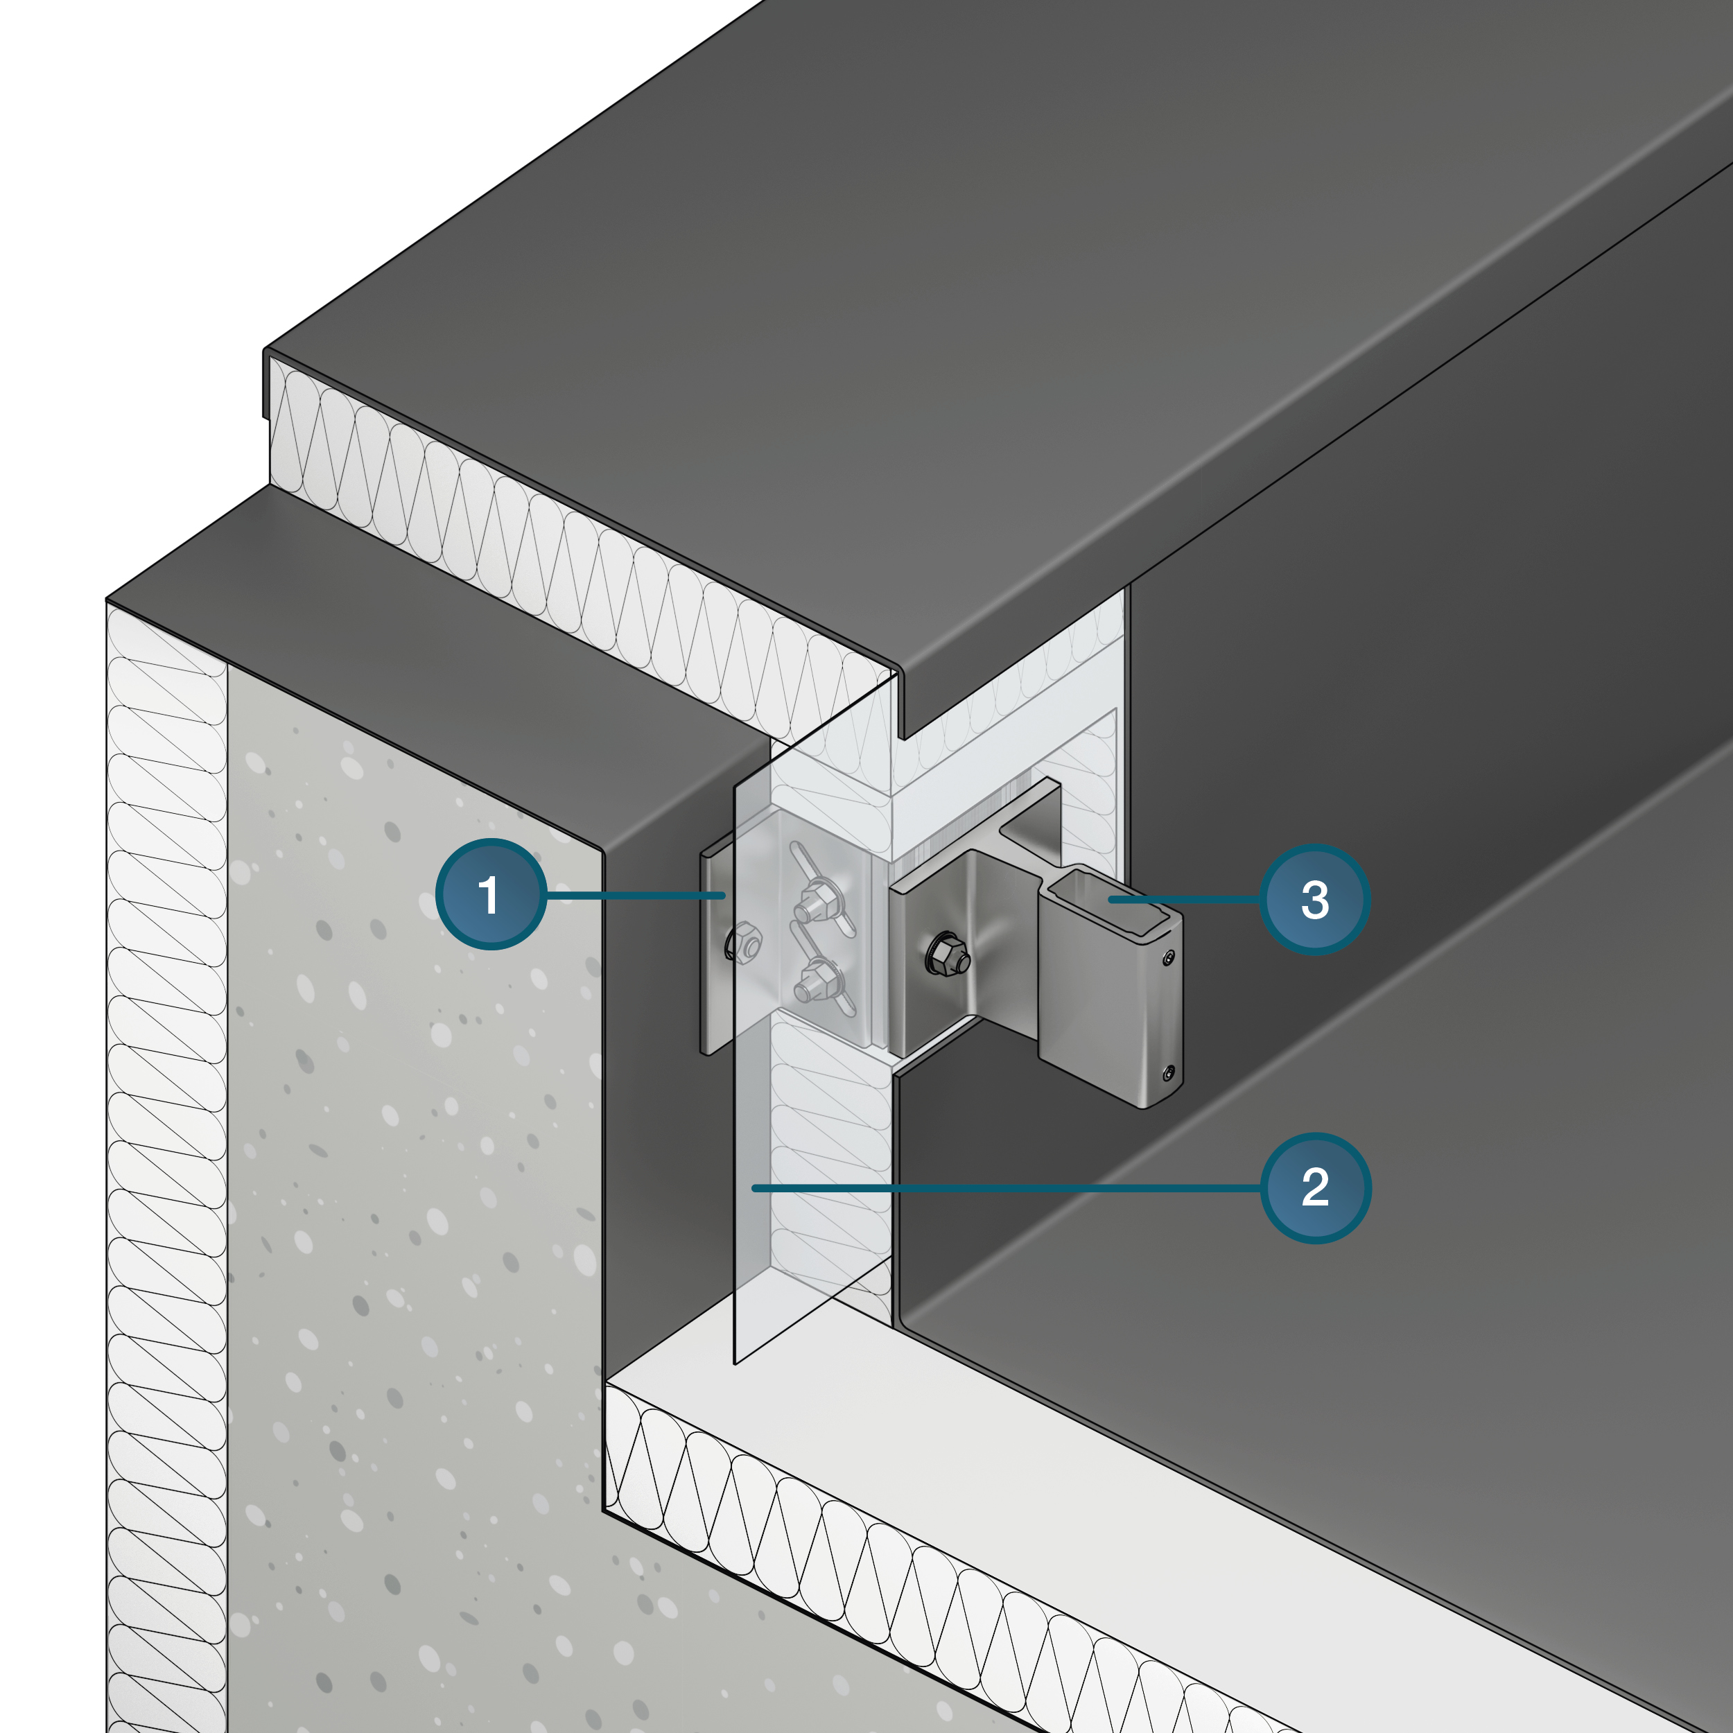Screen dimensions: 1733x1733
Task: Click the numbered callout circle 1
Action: pyautogui.click(x=491, y=894)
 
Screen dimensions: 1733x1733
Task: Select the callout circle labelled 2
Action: pyautogui.click(x=1315, y=1189)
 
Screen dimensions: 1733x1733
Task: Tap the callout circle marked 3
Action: pyautogui.click(x=1315, y=900)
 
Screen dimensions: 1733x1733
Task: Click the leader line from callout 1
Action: pyautogui.click(x=635, y=895)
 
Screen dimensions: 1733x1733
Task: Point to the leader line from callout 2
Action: pyautogui.click(x=1007, y=1189)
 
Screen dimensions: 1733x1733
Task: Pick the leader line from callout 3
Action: pyautogui.click(x=1184, y=899)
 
